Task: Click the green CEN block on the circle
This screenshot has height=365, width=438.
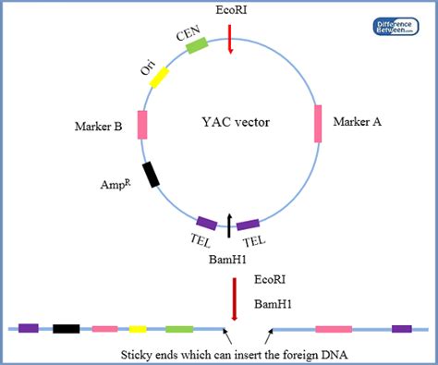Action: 197,46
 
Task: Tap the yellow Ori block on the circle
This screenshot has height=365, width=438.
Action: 159,76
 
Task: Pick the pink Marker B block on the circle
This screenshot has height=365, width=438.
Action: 142,125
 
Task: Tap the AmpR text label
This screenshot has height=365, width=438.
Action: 109,185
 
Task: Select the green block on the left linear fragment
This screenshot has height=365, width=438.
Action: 179,328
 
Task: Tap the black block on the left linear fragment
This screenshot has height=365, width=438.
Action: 66,328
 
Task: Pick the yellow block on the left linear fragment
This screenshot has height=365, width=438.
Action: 138,328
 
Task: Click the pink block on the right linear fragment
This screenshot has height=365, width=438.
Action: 334,328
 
